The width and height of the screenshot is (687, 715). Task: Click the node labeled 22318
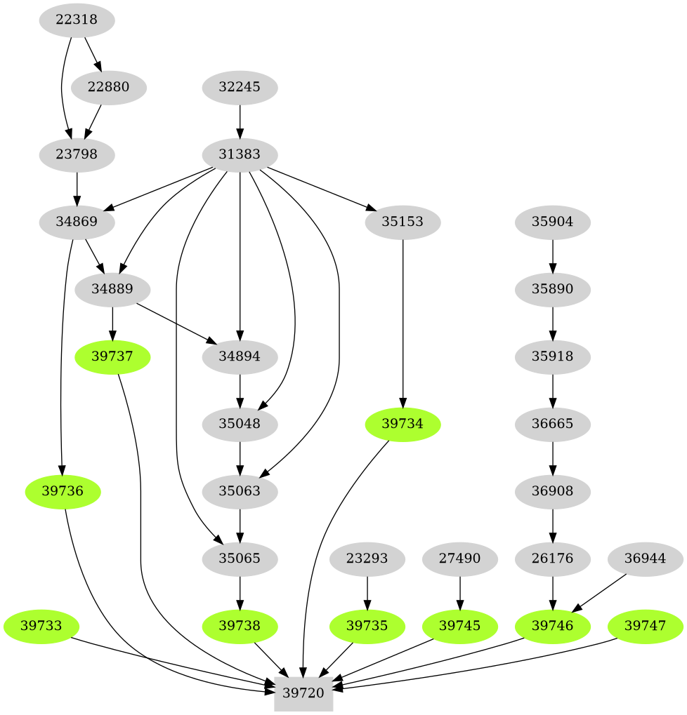click(x=76, y=20)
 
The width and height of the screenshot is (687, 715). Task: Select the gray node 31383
click(x=240, y=154)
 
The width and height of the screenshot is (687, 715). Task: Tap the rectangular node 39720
click(x=303, y=693)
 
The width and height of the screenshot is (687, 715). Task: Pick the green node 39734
click(x=403, y=425)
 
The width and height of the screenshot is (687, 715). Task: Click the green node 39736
click(x=63, y=491)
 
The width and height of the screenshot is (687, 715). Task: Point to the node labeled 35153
click(x=403, y=222)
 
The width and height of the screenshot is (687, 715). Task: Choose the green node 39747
click(x=645, y=625)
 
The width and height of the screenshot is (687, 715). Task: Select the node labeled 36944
click(x=645, y=559)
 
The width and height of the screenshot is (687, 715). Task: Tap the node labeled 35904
click(x=553, y=222)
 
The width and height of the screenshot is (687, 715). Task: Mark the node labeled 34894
click(x=240, y=356)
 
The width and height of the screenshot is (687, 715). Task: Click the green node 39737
click(x=112, y=356)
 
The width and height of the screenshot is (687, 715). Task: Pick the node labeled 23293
click(x=367, y=559)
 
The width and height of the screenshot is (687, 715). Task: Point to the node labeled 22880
click(x=109, y=88)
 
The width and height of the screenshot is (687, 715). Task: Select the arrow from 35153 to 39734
click(x=403, y=323)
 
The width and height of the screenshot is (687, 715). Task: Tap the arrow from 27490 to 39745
click(x=460, y=592)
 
